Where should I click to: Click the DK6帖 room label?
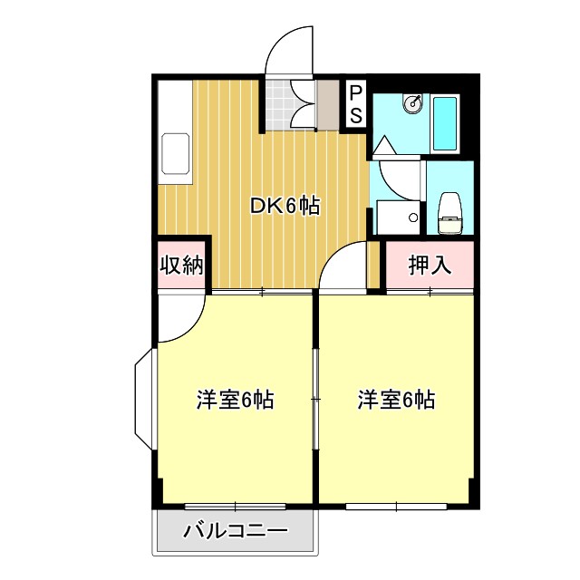[285, 207]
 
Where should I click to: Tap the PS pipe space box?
[356, 103]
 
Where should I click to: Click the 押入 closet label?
[429, 266]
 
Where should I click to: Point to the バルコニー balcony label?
[236, 530]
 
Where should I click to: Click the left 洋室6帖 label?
[236, 399]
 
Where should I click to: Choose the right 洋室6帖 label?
[395, 399]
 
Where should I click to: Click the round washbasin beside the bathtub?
[413, 103]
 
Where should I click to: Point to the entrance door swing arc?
[290, 50]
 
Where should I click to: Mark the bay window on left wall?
[145, 400]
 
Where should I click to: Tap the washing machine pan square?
[399, 217]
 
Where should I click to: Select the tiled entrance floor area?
[291, 105]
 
